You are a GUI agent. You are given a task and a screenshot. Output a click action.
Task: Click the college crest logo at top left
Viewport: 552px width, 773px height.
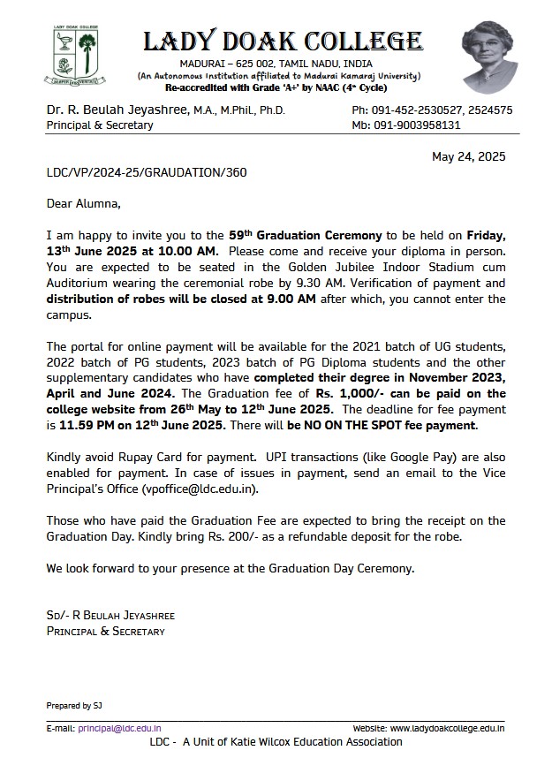pyautogui.click(x=76, y=56)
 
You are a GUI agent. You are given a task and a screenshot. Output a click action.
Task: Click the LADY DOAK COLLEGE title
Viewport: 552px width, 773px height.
pyautogui.click(x=283, y=41)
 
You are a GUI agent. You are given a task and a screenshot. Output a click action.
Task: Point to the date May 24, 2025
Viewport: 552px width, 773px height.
pyautogui.click(x=468, y=156)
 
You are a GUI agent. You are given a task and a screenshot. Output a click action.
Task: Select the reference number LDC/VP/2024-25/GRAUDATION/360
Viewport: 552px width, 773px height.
pyautogui.click(x=146, y=172)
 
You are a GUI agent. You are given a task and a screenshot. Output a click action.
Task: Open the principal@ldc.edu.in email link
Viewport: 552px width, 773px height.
pyautogui.click(x=119, y=729)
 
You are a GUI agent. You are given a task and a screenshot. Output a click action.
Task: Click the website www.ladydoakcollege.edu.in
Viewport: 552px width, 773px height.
pyautogui.click(x=447, y=729)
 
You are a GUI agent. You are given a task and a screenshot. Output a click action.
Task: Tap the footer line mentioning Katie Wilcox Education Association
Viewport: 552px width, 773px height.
pyautogui.click(x=276, y=742)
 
